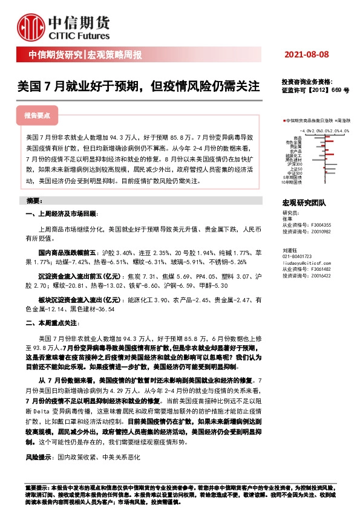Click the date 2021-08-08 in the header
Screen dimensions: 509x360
point(307,55)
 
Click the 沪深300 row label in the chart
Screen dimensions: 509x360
point(296,164)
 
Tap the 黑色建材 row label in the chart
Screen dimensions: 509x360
point(295,160)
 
